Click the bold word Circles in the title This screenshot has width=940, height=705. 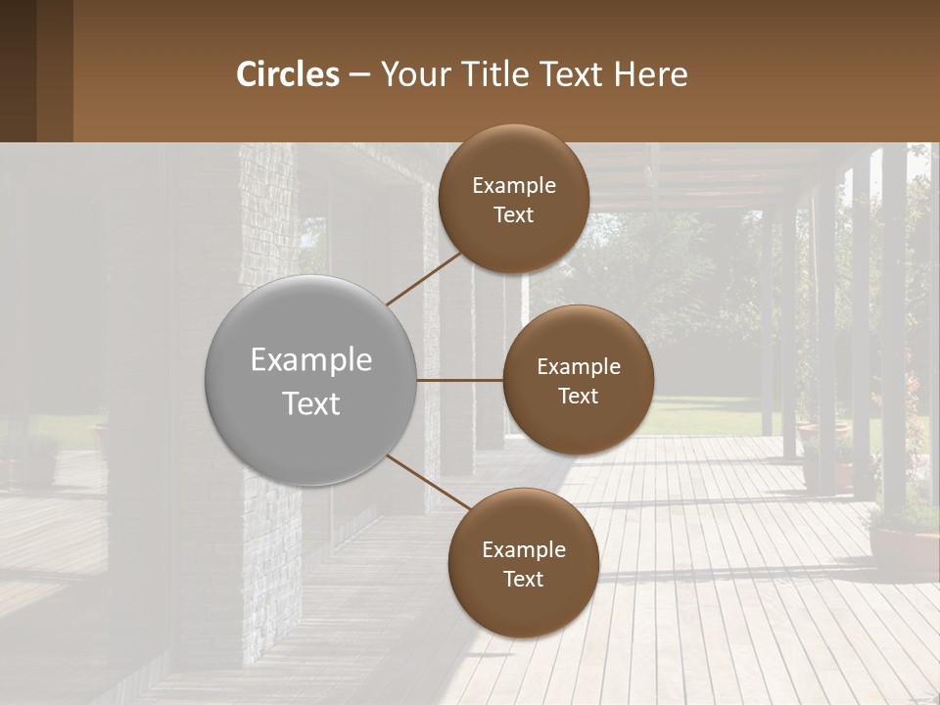coord(288,74)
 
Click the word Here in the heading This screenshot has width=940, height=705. coord(650,74)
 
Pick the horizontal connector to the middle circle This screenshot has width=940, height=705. coord(460,380)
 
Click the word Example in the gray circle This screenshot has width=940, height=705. coord(311,360)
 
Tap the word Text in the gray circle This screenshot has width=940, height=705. coord(311,403)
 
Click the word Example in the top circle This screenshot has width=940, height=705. coord(514,186)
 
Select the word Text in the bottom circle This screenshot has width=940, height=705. coord(524,580)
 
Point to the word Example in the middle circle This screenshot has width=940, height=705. coord(579,367)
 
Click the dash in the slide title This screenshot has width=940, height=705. coord(359,75)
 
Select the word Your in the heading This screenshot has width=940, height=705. coord(411,74)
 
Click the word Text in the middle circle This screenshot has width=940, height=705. coord(579,397)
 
